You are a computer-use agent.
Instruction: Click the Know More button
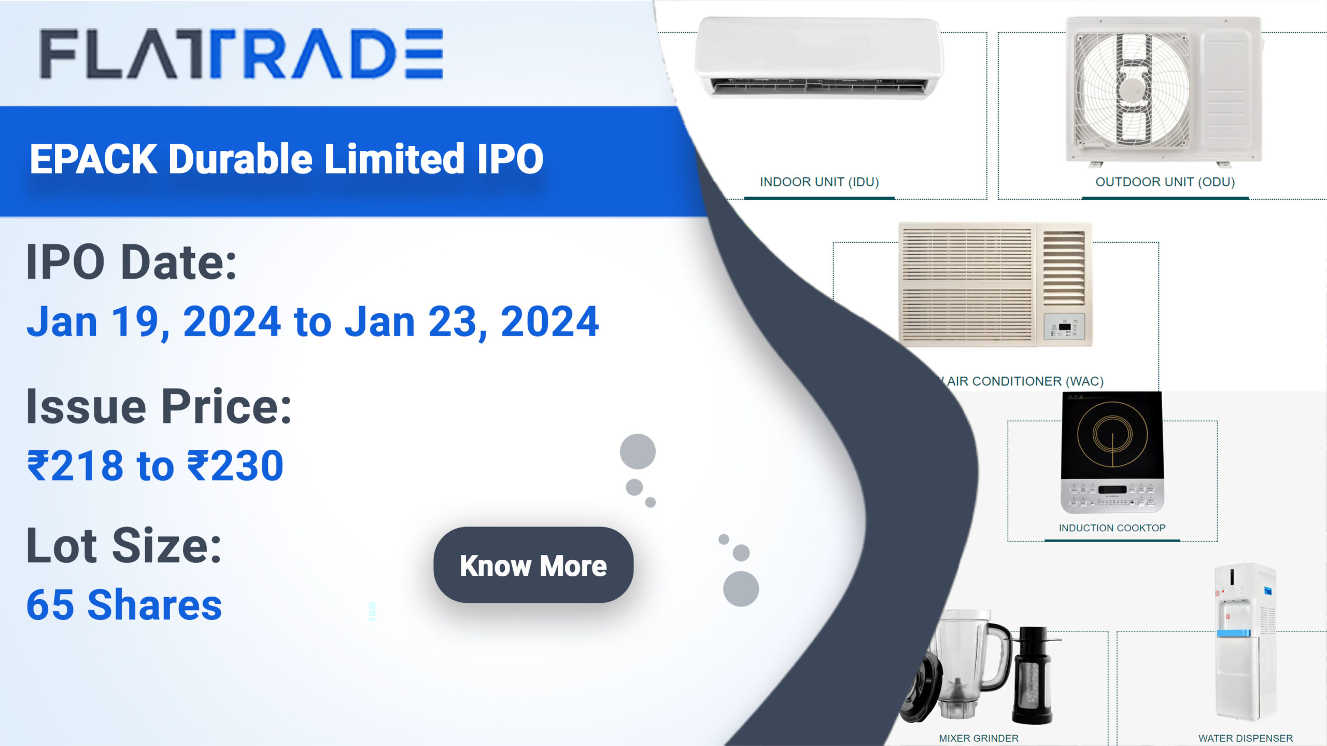click(x=533, y=565)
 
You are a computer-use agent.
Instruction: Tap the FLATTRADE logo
click(x=242, y=54)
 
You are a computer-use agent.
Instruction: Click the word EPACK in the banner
click(x=93, y=159)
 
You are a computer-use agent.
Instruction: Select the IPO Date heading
click(x=131, y=263)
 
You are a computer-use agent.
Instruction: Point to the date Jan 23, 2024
click(x=472, y=322)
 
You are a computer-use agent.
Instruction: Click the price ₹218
click(x=75, y=465)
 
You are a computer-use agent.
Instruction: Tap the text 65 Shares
click(x=124, y=605)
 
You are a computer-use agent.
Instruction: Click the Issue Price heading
click(x=159, y=407)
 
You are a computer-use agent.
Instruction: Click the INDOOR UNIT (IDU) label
click(x=819, y=182)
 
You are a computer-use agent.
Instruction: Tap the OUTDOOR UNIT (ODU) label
click(x=1165, y=182)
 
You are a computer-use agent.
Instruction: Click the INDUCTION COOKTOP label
click(x=1112, y=528)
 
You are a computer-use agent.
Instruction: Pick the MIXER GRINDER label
click(x=978, y=738)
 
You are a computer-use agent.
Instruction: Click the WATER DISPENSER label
click(x=1245, y=738)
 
